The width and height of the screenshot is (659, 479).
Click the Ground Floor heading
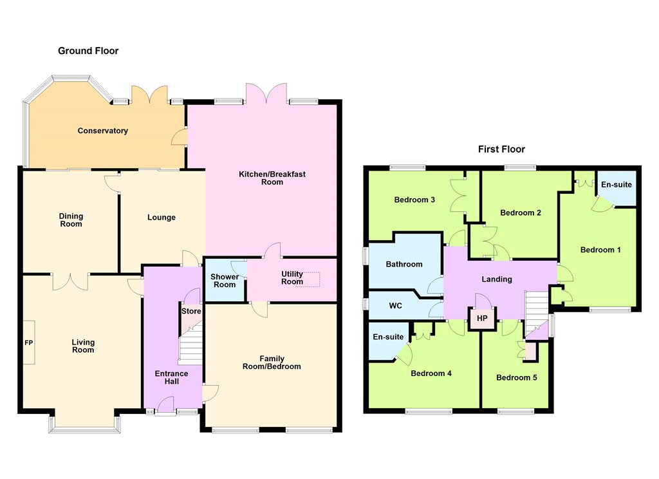88,51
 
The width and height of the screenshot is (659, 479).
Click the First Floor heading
501,149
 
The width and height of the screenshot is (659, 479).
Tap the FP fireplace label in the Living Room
28,343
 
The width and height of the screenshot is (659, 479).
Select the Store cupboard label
191,311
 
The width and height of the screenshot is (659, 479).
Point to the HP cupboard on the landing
482,318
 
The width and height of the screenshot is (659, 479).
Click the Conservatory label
102,131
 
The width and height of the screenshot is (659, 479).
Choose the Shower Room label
225,281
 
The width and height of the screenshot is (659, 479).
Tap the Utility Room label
292,278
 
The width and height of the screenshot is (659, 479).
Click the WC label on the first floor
396,306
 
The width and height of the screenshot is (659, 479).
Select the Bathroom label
404,264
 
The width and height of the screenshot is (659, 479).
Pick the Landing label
497,279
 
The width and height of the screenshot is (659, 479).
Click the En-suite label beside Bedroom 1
616,185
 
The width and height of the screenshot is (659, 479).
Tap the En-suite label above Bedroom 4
388,337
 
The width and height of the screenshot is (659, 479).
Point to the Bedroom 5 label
517,378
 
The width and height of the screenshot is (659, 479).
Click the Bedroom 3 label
414,200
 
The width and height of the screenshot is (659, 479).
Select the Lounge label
162,218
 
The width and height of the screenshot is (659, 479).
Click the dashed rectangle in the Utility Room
308,279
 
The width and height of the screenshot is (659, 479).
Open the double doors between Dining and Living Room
71,282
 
